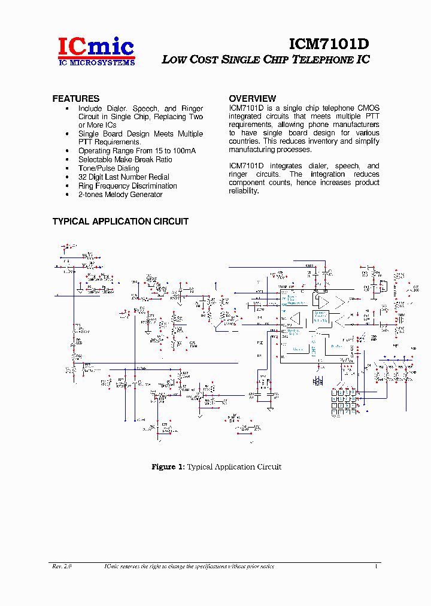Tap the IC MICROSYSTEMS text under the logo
[96, 62]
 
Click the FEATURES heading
[76, 98]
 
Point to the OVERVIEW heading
[253, 98]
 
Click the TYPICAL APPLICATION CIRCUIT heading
[120, 222]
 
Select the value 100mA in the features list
[183, 151]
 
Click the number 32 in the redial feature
[83, 177]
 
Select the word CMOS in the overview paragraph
[368, 108]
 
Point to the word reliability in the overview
[243, 191]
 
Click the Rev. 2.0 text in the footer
[62, 566]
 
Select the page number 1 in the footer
[375, 566]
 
